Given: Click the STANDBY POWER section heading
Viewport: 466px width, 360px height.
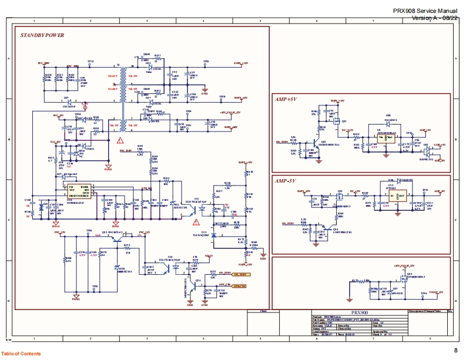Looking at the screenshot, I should (42, 36).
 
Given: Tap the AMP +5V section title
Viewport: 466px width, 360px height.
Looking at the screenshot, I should (286, 100).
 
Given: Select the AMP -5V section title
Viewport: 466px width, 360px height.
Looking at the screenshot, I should (286, 181).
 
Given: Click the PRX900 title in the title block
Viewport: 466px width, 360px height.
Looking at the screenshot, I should (359, 313).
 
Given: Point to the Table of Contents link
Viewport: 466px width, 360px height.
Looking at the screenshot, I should (21, 354).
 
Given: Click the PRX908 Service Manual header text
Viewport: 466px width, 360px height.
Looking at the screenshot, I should (425, 11).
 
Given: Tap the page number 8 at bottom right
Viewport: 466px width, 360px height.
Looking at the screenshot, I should (455, 351).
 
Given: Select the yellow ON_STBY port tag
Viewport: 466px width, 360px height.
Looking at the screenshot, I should (240, 275).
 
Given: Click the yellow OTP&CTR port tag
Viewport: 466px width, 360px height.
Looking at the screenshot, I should (239, 286).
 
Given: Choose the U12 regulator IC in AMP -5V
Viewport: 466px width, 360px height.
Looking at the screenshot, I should (397, 195).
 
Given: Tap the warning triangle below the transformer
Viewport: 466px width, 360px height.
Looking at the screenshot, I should (120, 140).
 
